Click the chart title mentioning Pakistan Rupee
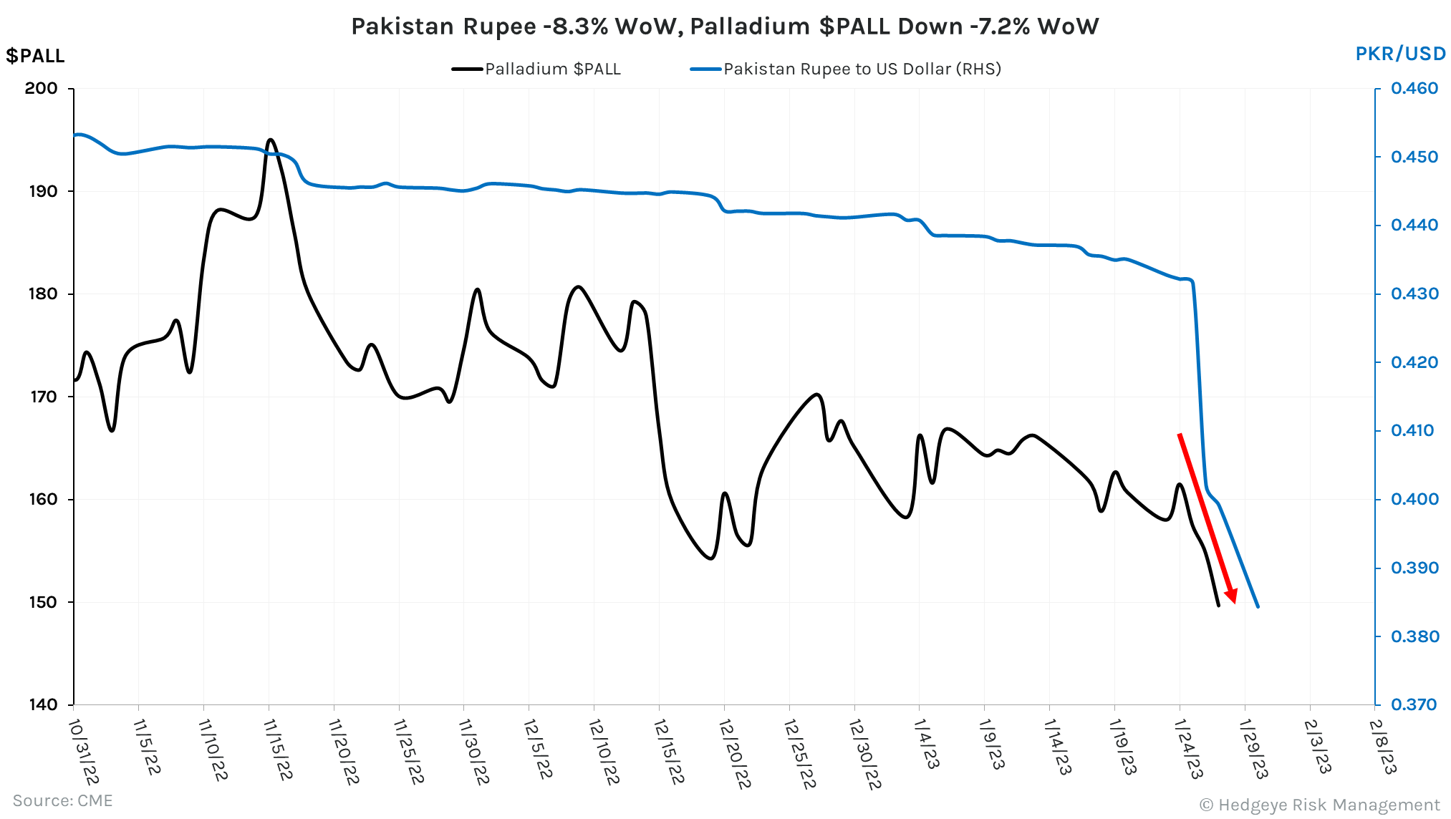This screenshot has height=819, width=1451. coord(725,26)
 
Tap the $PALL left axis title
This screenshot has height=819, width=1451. coord(35,56)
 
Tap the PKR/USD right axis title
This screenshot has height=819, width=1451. coord(1400,54)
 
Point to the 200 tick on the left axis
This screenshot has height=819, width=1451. coord(41,89)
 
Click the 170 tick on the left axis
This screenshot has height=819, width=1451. coord(43,397)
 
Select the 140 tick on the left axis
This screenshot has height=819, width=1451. coord(43,704)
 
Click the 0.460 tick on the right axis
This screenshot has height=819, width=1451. coord(1414,89)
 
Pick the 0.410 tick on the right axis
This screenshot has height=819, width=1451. coord(1412,431)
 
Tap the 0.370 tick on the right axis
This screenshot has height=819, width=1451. coord(1414,704)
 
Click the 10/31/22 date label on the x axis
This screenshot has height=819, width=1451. coord(83,752)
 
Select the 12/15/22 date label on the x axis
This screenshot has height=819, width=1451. coord(669,752)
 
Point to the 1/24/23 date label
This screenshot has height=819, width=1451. coord(1189,749)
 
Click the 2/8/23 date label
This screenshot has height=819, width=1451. coord(1382,746)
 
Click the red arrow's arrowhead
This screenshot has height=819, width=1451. coord(1232,596)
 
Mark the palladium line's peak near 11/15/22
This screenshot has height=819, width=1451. coord(270,140)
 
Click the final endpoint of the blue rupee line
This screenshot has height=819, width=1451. coord(1258,607)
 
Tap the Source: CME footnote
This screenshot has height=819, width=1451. coord(63,800)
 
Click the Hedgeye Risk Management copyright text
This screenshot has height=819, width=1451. coord(1319,805)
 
